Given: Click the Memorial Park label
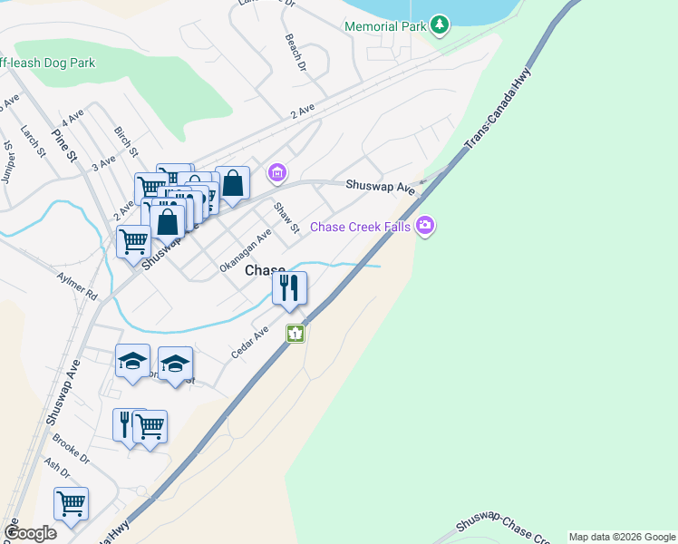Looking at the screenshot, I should pos(384,26).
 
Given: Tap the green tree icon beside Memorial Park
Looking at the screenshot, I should pos(440,24).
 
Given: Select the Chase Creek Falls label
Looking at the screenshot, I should pos(361,227).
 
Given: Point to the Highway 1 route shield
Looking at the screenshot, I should pos(295,334).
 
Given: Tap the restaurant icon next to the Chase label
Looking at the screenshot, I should pos(290,289).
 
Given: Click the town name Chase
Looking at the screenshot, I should pos(265,271).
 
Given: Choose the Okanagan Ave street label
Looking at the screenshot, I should pos(245,251).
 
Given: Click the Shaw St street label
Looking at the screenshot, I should pos(286,217).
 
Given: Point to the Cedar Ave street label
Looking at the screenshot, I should pos(249,343).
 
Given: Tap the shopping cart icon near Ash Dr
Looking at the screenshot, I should pos(71,504).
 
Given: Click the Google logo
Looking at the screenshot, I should pos(30,533).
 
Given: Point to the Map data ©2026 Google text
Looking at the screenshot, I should pos(622,537).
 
